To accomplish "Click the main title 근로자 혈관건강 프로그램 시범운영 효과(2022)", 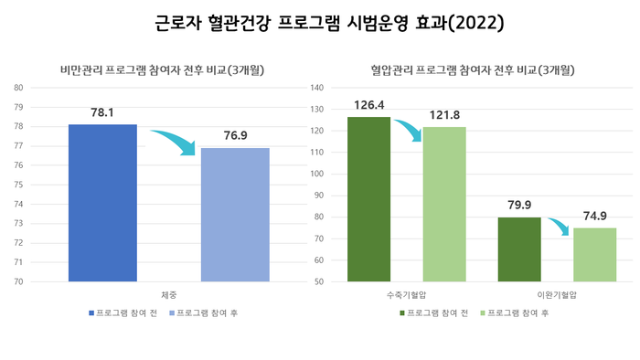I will point(320,21).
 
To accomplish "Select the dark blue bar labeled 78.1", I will point(102,203).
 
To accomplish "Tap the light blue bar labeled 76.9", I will point(235,215).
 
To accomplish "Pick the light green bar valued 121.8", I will point(444,204).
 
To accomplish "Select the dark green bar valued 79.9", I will point(519,249).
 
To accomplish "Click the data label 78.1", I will point(102,113).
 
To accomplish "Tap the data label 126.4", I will point(368,105).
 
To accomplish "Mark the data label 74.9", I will point(595,216).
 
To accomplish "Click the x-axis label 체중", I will point(169,294).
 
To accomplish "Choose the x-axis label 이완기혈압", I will point(557,294).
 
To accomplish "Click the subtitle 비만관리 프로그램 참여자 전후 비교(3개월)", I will point(168,69).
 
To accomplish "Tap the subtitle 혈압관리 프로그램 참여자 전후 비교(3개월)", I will point(478,69).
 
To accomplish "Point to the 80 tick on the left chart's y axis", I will point(18,88).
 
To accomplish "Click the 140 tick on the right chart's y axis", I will point(319,88).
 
